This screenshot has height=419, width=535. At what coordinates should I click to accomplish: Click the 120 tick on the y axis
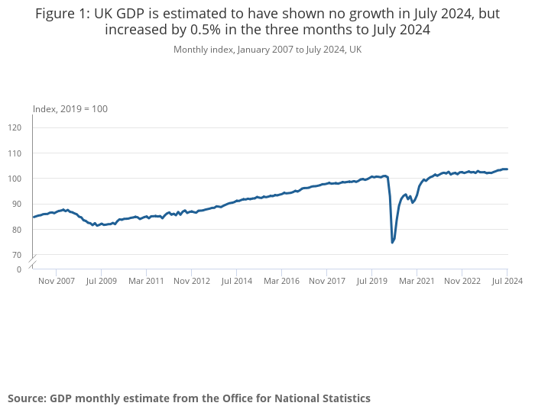click(x=15, y=127)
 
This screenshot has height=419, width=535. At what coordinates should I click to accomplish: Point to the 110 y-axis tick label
click(x=15, y=153)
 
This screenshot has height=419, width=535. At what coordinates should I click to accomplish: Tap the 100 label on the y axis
click(x=15, y=179)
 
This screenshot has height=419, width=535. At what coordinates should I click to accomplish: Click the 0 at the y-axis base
click(x=20, y=269)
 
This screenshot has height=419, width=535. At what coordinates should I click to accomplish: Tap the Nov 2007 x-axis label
click(x=56, y=281)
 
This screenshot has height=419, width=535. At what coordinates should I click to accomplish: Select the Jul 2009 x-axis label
click(x=101, y=281)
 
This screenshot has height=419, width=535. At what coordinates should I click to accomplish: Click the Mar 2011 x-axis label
click(x=146, y=281)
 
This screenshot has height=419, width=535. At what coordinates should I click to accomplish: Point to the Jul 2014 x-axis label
click(x=236, y=281)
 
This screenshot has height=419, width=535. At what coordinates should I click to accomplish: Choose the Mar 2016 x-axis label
click(x=281, y=281)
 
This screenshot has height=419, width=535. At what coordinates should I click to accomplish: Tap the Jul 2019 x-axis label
click(x=371, y=281)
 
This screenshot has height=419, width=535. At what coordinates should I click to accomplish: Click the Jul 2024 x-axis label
click(x=507, y=281)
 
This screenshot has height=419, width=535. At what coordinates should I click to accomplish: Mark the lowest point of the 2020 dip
click(x=392, y=243)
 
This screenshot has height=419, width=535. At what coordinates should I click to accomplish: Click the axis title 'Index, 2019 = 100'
click(x=70, y=109)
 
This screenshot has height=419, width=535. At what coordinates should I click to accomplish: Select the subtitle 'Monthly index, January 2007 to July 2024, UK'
click(x=267, y=50)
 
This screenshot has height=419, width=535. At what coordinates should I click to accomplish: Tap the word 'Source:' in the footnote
click(x=27, y=398)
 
